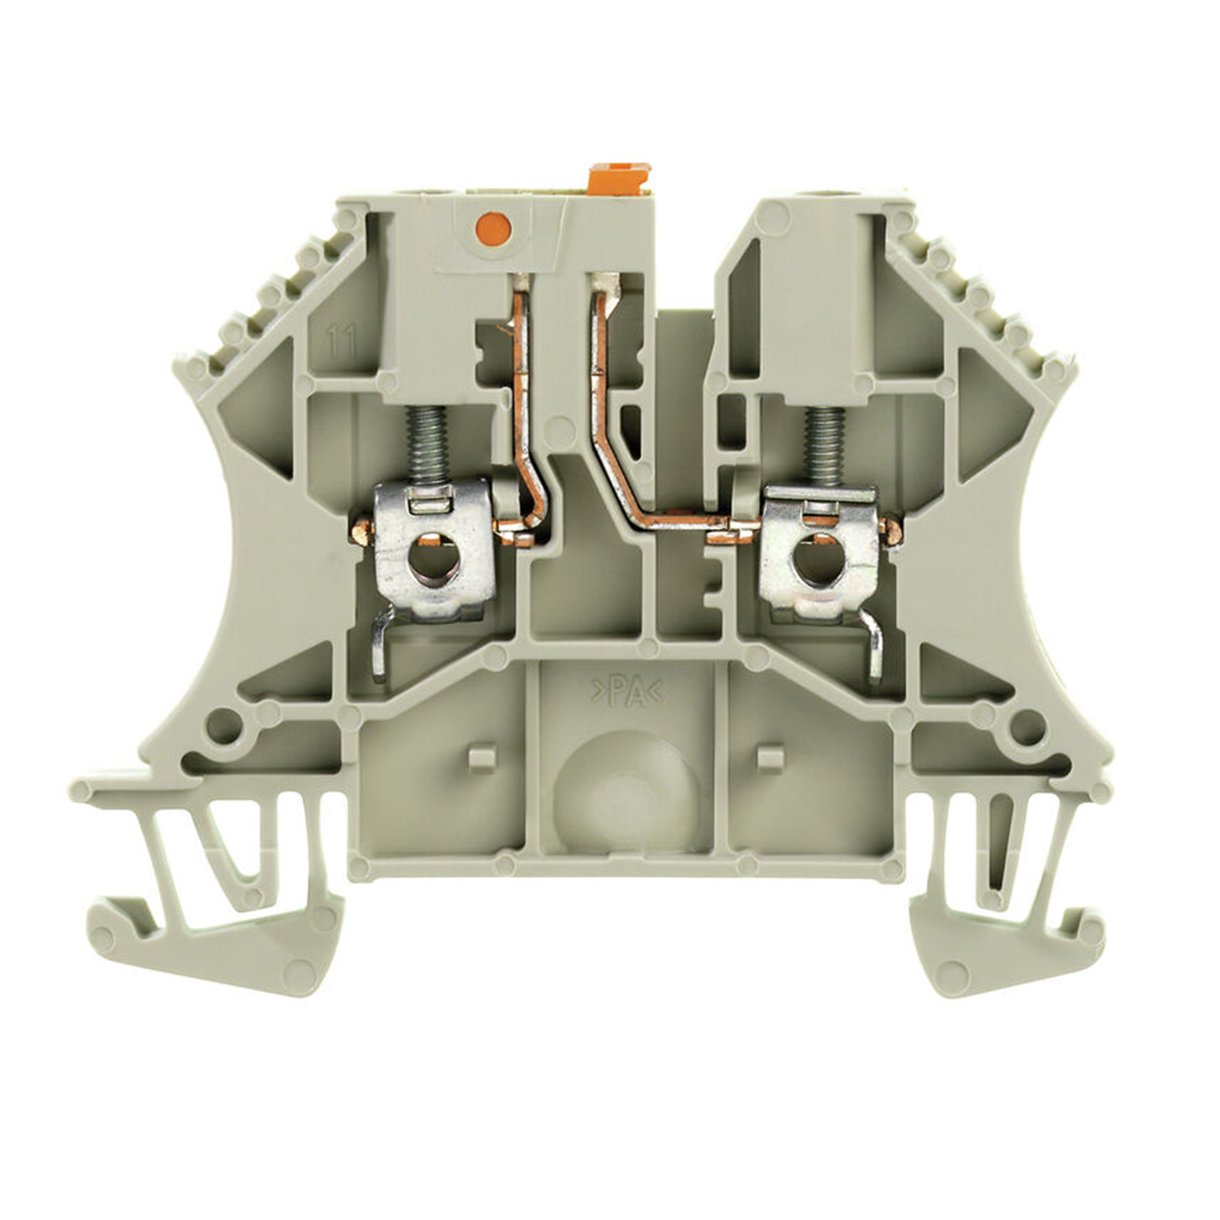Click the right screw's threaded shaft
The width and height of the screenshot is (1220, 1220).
point(822,445)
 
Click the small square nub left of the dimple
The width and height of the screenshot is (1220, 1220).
point(482,756)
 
